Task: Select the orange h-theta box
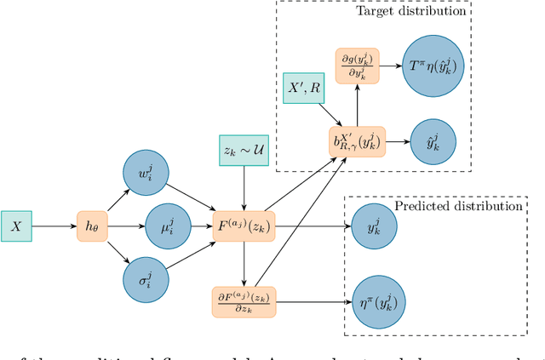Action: (89, 226)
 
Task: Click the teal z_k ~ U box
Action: (245, 150)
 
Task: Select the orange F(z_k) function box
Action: (245, 226)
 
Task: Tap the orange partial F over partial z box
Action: (245, 300)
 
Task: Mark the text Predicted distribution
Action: (458, 206)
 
